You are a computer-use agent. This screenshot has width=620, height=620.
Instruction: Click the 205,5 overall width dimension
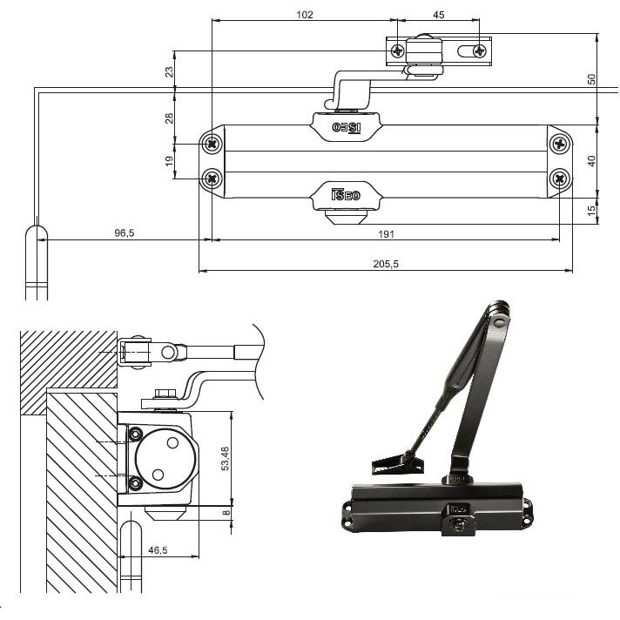[386, 264]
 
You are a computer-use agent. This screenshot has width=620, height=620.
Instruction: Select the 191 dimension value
[386, 234]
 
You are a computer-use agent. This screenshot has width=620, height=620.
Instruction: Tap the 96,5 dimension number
[125, 232]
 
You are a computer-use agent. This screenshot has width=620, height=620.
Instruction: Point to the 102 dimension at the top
[305, 15]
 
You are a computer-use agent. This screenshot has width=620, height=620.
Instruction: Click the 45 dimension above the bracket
[439, 15]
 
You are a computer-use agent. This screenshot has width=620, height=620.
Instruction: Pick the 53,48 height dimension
[225, 459]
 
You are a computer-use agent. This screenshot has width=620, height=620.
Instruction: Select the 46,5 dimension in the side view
[158, 550]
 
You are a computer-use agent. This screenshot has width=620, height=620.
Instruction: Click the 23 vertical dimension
[169, 72]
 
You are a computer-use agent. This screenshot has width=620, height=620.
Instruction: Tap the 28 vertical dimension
[169, 118]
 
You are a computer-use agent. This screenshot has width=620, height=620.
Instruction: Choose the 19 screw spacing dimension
[169, 160]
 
